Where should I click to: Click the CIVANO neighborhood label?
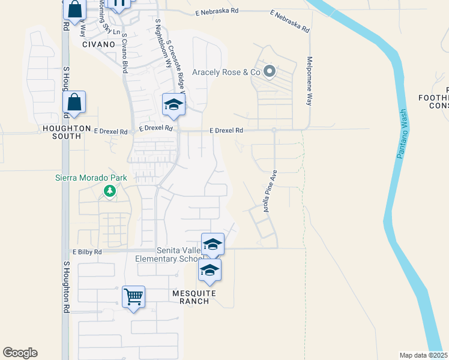tap(98, 44)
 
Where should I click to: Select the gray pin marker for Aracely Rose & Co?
tap(270, 72)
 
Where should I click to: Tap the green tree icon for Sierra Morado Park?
tap(109, 191)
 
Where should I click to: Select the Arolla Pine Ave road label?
tap(270, 191)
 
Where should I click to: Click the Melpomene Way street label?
tap(310, 81)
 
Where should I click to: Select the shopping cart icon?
tap(133, 296)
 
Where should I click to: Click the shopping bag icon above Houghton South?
tap(74, 103)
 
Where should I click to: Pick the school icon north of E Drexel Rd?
tap(173, 105)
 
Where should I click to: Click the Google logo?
tap(20, 353)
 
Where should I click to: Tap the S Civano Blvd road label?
tap(125, 52)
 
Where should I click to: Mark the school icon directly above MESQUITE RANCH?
tap(209, 271)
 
